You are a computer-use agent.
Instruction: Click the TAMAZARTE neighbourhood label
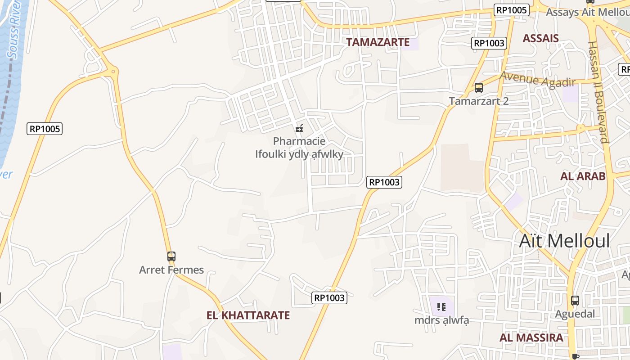(x=378, y=42)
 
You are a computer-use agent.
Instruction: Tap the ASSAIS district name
(x=540, y=38)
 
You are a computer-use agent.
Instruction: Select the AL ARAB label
(x=583, y=176)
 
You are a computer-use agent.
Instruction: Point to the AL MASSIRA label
(x=531, y=337)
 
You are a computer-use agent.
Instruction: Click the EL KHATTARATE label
(x=248, y=315)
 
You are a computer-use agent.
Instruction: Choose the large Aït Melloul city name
(x=564, y=241)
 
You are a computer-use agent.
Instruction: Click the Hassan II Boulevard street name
(x=598, y=92)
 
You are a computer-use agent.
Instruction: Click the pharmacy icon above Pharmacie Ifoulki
(x=299, y=128)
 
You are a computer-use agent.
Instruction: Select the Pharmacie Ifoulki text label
(x=299, y=148)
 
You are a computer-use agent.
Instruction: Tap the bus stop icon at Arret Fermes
(x=171, y=256)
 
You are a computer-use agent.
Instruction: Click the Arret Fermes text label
(x=171, y=270)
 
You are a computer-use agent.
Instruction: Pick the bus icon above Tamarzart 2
(x=479, y=88)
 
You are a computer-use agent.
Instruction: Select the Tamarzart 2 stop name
(x=479, y=101)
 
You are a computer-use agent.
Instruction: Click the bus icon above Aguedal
(x=575, y=301)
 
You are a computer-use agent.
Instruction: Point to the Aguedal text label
(x=575, y=314)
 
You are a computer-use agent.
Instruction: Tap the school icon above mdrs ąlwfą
(x=441, y=307)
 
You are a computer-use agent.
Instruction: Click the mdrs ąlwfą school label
(x=441, y=320)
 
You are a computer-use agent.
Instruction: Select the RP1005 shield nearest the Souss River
(x=45, y=129)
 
